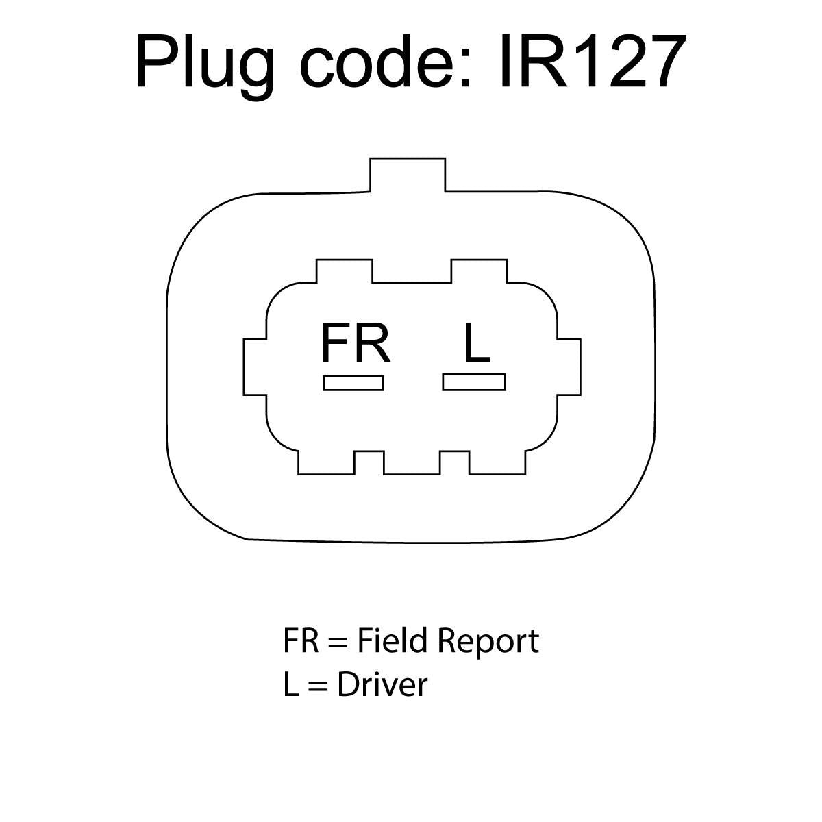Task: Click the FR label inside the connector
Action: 356,343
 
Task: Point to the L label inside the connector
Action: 477,343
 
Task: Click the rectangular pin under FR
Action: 353,383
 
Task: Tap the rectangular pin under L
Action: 474,382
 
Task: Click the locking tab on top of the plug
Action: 408,175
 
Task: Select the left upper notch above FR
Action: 345,271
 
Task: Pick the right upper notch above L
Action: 479,271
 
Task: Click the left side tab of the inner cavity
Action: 255,367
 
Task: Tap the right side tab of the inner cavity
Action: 569,367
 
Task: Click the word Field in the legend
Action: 392,640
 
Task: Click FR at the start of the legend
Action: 301,641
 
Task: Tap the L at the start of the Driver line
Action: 291,685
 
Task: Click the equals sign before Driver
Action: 318,687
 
